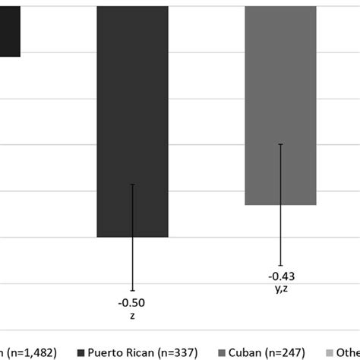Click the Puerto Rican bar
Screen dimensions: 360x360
(x=132, y=122)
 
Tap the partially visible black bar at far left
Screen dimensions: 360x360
(x=10, y=30)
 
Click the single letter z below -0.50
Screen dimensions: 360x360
(x=132, y=315)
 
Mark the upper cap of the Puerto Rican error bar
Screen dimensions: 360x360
(x=132, y=184)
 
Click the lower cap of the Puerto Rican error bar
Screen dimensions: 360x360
(x=132, y=291)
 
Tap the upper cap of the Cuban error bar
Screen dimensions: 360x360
(x=281, y=144)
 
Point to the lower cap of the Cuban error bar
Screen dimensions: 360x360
(x=281, y=265)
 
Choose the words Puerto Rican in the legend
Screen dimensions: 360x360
(x=118, y=352)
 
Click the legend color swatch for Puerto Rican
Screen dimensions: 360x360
(x=81, y=352)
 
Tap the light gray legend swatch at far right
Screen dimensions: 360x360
(x=330, y=352)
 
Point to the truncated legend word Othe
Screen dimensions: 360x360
(x=349, y=352)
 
